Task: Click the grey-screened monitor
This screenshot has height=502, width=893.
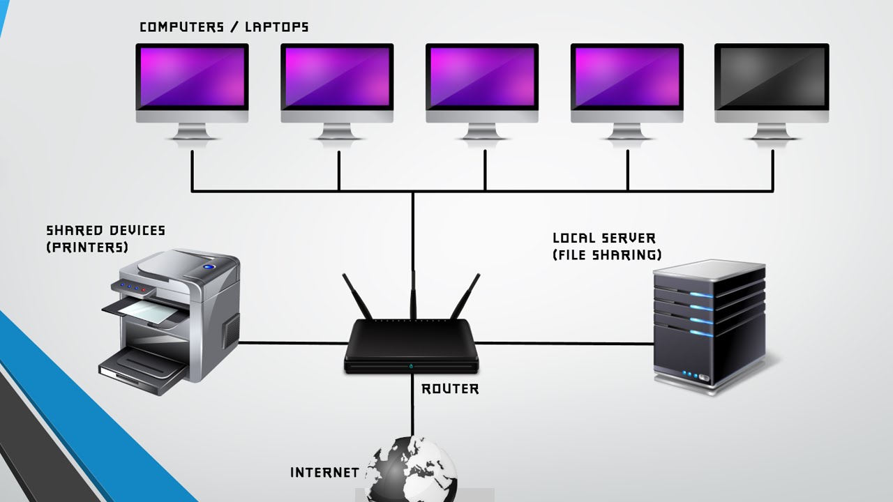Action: click(x=772, y=77)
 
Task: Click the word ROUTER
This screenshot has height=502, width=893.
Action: click(x=450, y=389)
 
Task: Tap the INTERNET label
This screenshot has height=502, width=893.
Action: click(x=324, y=473)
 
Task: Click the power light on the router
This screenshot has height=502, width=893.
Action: click(x=412, y=365)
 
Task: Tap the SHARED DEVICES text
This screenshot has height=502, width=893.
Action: click(x=105, y=231)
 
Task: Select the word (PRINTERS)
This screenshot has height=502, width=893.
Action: click(x=87, y=247)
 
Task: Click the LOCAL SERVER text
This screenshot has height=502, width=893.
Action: click(x=604, y=238)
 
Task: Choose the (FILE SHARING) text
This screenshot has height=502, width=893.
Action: click(x=607, y=254)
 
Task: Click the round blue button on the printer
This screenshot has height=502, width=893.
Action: click(x=209, y=266)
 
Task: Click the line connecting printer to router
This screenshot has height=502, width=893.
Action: click(x=293, y=342)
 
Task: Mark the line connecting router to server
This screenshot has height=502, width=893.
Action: click(x=565, y=343)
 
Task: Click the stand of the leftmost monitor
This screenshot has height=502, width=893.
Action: click(x=192, y=132)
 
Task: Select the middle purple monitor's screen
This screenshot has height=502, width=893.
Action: click(x=482, y=77)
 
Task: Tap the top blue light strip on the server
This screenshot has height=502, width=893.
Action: click(x=701, y=294)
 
